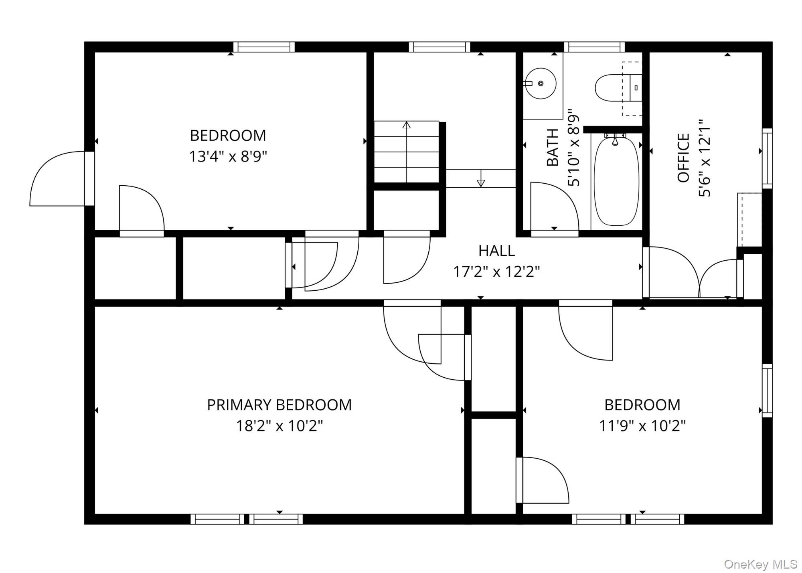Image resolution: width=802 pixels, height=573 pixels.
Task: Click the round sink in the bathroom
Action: pos(541,83)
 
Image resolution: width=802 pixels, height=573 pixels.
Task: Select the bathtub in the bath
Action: pos(616,181)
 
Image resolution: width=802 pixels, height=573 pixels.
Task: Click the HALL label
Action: pos(496,251)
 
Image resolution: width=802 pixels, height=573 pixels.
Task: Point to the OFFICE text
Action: pos(683,158)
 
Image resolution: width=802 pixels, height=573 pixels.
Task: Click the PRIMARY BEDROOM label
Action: pos(279,405)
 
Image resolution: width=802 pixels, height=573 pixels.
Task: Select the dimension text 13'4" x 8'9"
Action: pos(228,156)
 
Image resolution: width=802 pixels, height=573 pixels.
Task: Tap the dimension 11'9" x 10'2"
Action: pos(642,426)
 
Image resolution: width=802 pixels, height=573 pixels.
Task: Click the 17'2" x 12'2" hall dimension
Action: pos(496,272)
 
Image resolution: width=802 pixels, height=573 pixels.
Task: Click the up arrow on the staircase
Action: pos(407,125)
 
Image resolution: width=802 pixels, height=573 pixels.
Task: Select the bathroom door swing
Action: pos(553,207)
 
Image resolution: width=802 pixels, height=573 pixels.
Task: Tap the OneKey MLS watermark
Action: pos(760,565)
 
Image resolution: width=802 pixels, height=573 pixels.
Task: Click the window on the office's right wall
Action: pos(767,158)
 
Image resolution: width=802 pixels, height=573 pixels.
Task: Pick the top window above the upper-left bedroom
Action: pos(264,47)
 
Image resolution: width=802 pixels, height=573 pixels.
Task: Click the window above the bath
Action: pos(594,47)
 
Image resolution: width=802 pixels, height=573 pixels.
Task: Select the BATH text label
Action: pos(553,147)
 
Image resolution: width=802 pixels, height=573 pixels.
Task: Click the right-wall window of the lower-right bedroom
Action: pos(767,391)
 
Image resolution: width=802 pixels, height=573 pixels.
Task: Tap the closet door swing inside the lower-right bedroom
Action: pos(543,480)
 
